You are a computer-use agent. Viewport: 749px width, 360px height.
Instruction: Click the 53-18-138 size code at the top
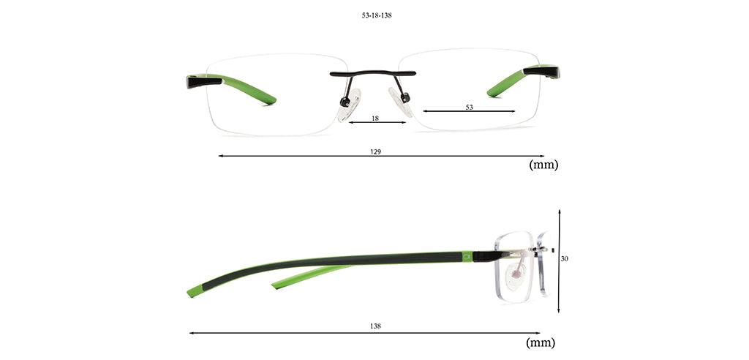pos(377,15)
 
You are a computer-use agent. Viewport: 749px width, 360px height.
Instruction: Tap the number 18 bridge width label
pos(375,118)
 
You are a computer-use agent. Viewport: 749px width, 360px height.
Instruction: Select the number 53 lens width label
pos(469,107)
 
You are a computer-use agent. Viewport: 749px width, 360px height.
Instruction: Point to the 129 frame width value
pos(375,151)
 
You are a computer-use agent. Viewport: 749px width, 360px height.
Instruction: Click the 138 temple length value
pos(375,326)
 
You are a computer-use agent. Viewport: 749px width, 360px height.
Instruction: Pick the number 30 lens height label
pos(564,258)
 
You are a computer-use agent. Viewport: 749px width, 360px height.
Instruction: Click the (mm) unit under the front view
pos(543,165)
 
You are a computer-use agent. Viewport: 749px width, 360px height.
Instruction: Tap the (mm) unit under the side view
pos(541,342)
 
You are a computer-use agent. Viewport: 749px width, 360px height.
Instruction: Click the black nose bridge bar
pos(372,74)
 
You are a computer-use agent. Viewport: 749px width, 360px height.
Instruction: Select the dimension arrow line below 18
pos(377,122)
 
